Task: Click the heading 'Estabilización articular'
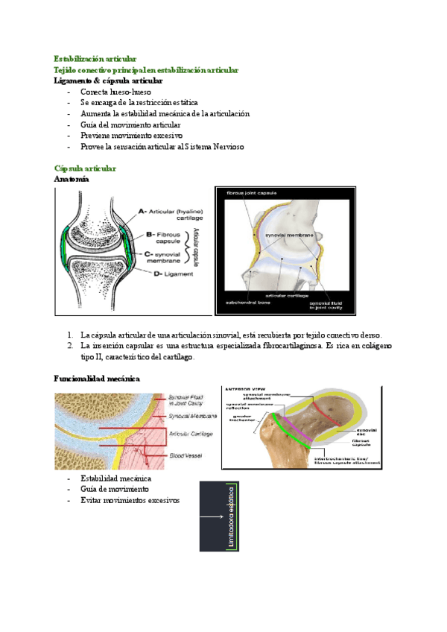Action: click(95, 58)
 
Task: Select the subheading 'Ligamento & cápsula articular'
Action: click(109, 80)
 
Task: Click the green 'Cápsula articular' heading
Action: click(85, 169)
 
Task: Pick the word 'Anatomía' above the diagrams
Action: click(72, 180)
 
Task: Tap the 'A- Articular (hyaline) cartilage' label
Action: click(176, 215)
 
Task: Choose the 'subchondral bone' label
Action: click(249, 303)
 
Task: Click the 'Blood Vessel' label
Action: click(187, 454)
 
